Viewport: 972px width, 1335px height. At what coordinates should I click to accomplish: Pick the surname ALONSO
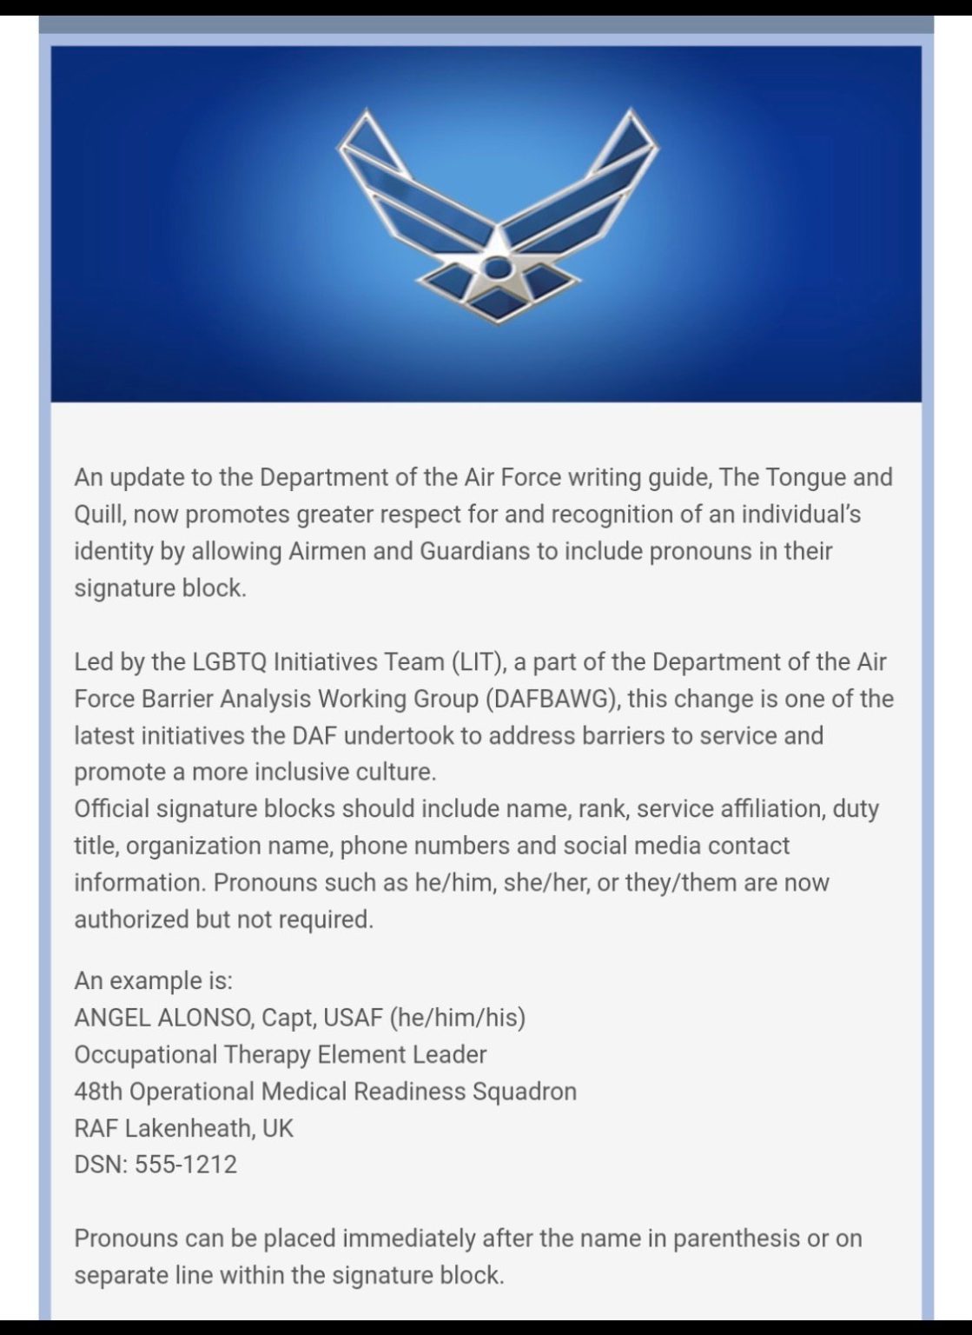206,1018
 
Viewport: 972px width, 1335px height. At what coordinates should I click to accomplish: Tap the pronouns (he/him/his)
458,1018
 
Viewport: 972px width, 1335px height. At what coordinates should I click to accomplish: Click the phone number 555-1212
186,1165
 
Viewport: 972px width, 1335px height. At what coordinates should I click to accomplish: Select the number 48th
98,1092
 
